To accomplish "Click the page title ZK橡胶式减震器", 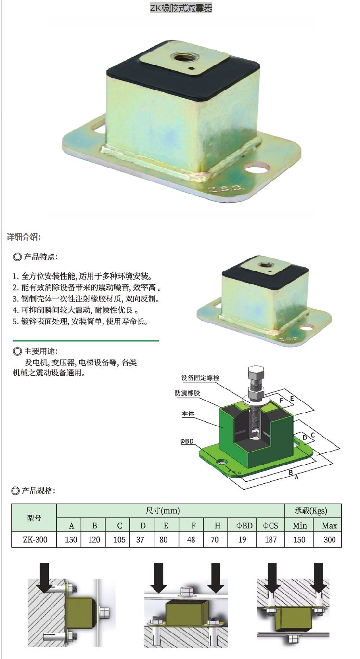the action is pos(181,8).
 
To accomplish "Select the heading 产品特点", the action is pos(40,257).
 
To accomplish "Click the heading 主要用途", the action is pos(40,351).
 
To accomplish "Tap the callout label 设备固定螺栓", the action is pos(200,377).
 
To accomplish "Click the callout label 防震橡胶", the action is pos(187,393).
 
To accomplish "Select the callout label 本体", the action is pos(188,413).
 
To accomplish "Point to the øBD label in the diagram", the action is pos(187,441).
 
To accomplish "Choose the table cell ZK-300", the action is pos(35,539).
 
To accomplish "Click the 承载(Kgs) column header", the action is pos(310,510).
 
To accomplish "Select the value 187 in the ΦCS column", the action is pos(270,539).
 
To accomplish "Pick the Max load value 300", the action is pos(329,539).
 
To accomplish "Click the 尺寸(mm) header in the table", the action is pos(163,510).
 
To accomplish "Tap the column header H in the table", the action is pos(218,526).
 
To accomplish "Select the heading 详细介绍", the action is pos(24,237).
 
